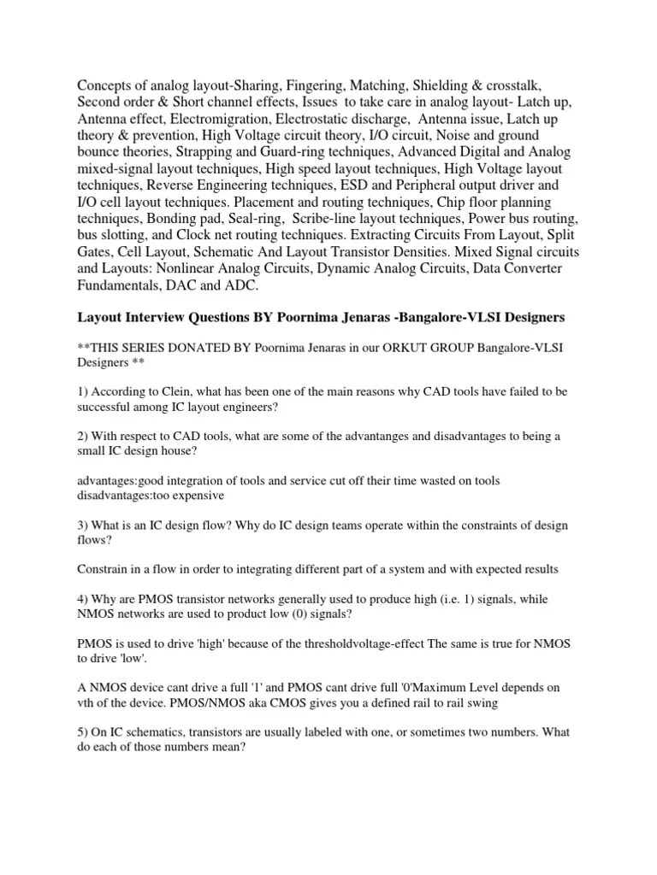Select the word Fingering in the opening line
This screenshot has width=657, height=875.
[x=293, y=87]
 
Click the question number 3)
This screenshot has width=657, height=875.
[x=84, y=525]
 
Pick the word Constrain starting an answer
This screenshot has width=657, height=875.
[x=104, y=569]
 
